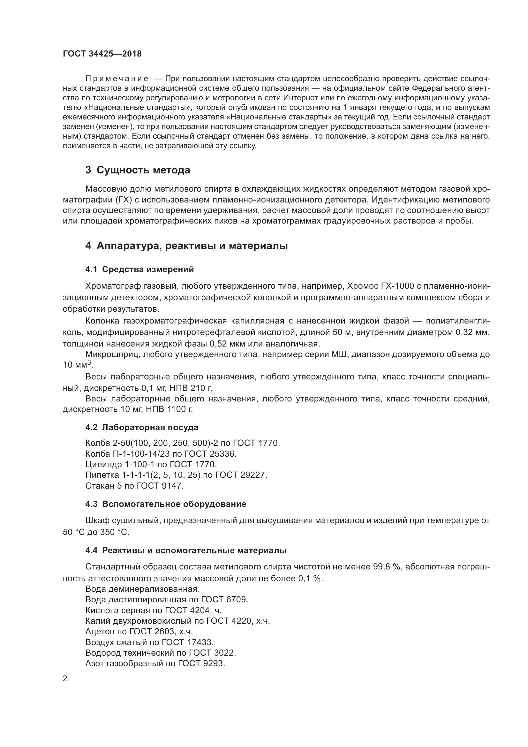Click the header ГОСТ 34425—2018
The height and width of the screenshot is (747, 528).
pyautogui.click(x=102, y=54)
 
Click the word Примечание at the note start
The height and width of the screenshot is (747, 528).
pyautogui.click(x=117, y=79)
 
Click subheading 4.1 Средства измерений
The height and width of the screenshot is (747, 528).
pyautogui.click(x=140, y=270)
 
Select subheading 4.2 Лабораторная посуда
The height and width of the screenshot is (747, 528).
pyautogui.click(x=142, y=427)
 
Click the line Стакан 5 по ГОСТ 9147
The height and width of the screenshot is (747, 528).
pyautogui.click(x=135, y=486)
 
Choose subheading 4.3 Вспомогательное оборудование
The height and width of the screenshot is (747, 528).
pyautogui.click(x=166, y=504)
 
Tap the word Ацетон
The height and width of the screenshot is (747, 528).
pyautogui.click(x=98, y=631)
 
